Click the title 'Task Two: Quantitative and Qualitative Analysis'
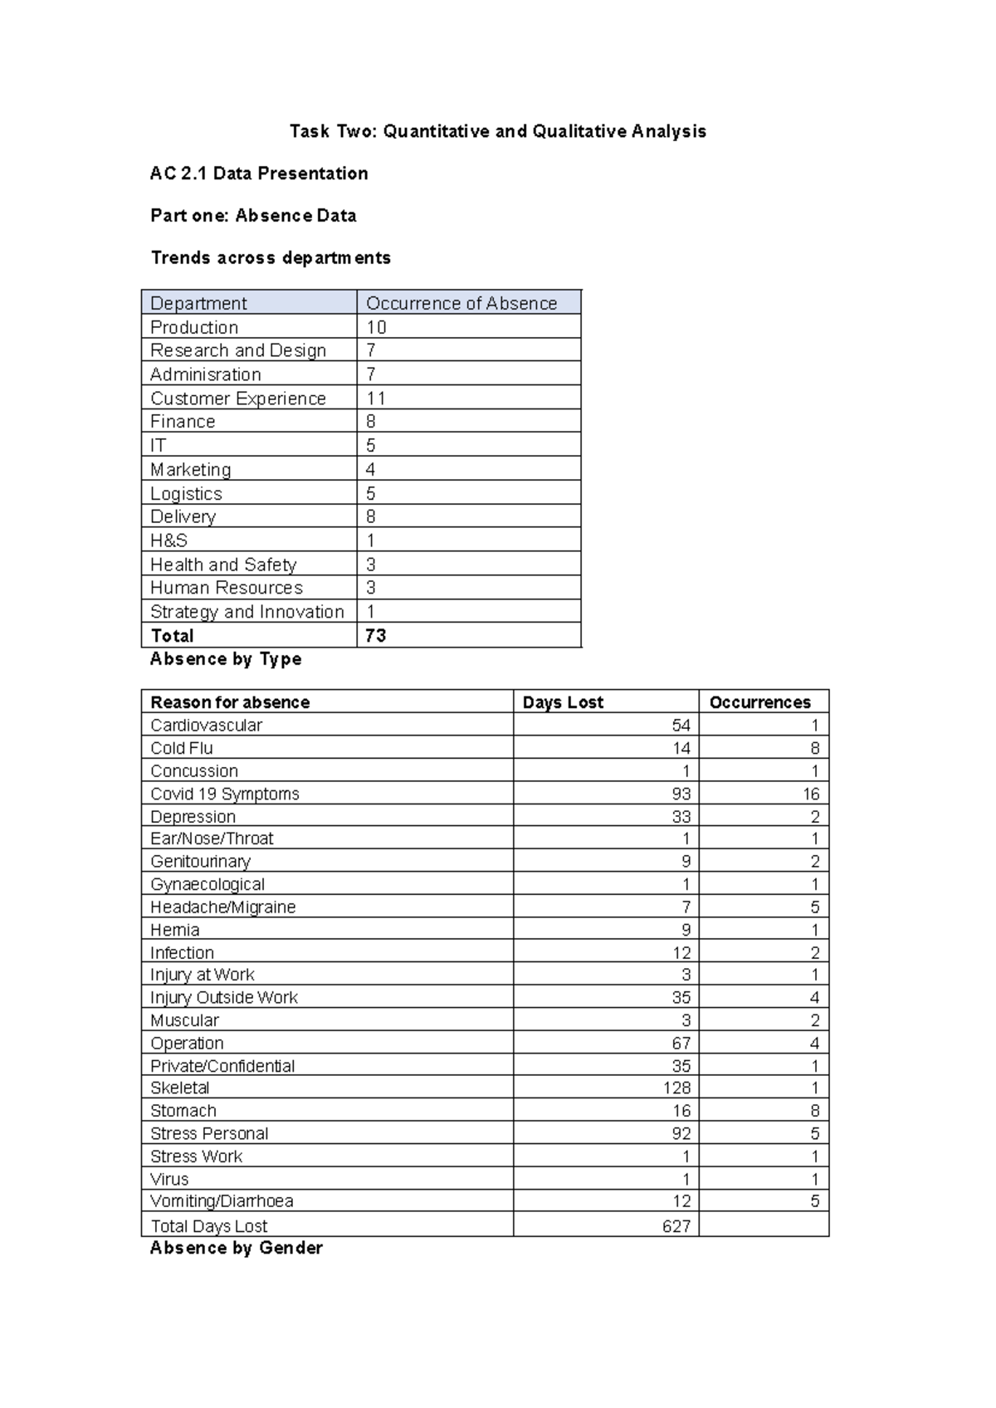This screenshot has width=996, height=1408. (x=497, y=131)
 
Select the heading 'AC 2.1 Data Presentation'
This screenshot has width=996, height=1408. (x=259, y=174)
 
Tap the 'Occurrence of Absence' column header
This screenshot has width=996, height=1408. (x=461, y=303)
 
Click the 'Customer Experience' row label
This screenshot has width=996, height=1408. (x=238, y=398)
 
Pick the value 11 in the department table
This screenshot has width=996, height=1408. (x=376, y=398)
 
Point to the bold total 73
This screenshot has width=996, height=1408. (x=375, y=636)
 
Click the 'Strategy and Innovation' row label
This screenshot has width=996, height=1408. (x=247, y=612)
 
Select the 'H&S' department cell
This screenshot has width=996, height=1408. (x=168, y=540)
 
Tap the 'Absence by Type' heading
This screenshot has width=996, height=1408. (x=226, y=659)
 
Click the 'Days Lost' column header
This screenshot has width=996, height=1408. (x=563, y=702)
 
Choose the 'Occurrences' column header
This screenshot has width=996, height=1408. (x=759, y=702)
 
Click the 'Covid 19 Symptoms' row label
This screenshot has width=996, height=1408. (x=224, y=794)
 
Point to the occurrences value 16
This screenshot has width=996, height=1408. (x=810, y=794)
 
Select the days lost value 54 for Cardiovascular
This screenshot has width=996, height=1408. (x=681, y=725)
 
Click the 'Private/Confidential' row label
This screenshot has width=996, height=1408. (x=222, y=1066)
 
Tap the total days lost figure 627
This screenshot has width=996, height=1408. (x=676, y=1226)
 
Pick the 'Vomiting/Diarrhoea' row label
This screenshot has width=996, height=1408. (x=222, y=1201)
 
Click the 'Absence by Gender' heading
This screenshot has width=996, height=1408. (x=236, y=1248)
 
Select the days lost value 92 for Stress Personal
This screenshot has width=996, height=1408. (x=681, y=1133)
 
